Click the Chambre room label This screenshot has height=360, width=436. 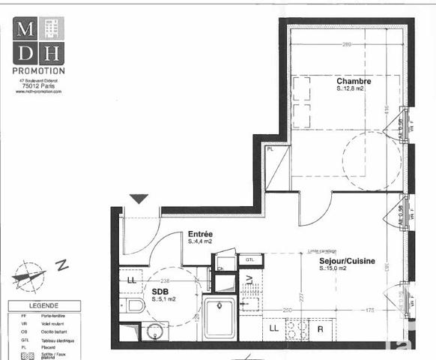[x=354, y=81]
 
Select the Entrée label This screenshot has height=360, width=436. [x=200, y=233]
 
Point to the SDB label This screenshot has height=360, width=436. [x=160, y=292]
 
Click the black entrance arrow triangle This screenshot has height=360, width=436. [x=139, y=199]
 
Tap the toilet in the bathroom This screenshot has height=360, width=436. [x=135, y=305]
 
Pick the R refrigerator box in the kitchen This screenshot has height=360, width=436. [x=321, y=328]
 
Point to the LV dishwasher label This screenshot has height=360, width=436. [x=249, y=280]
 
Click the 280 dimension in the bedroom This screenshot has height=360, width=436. [x=346, y=45]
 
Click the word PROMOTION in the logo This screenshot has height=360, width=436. [x=40, y=70]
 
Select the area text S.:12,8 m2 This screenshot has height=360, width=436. [x=350, y=89]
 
